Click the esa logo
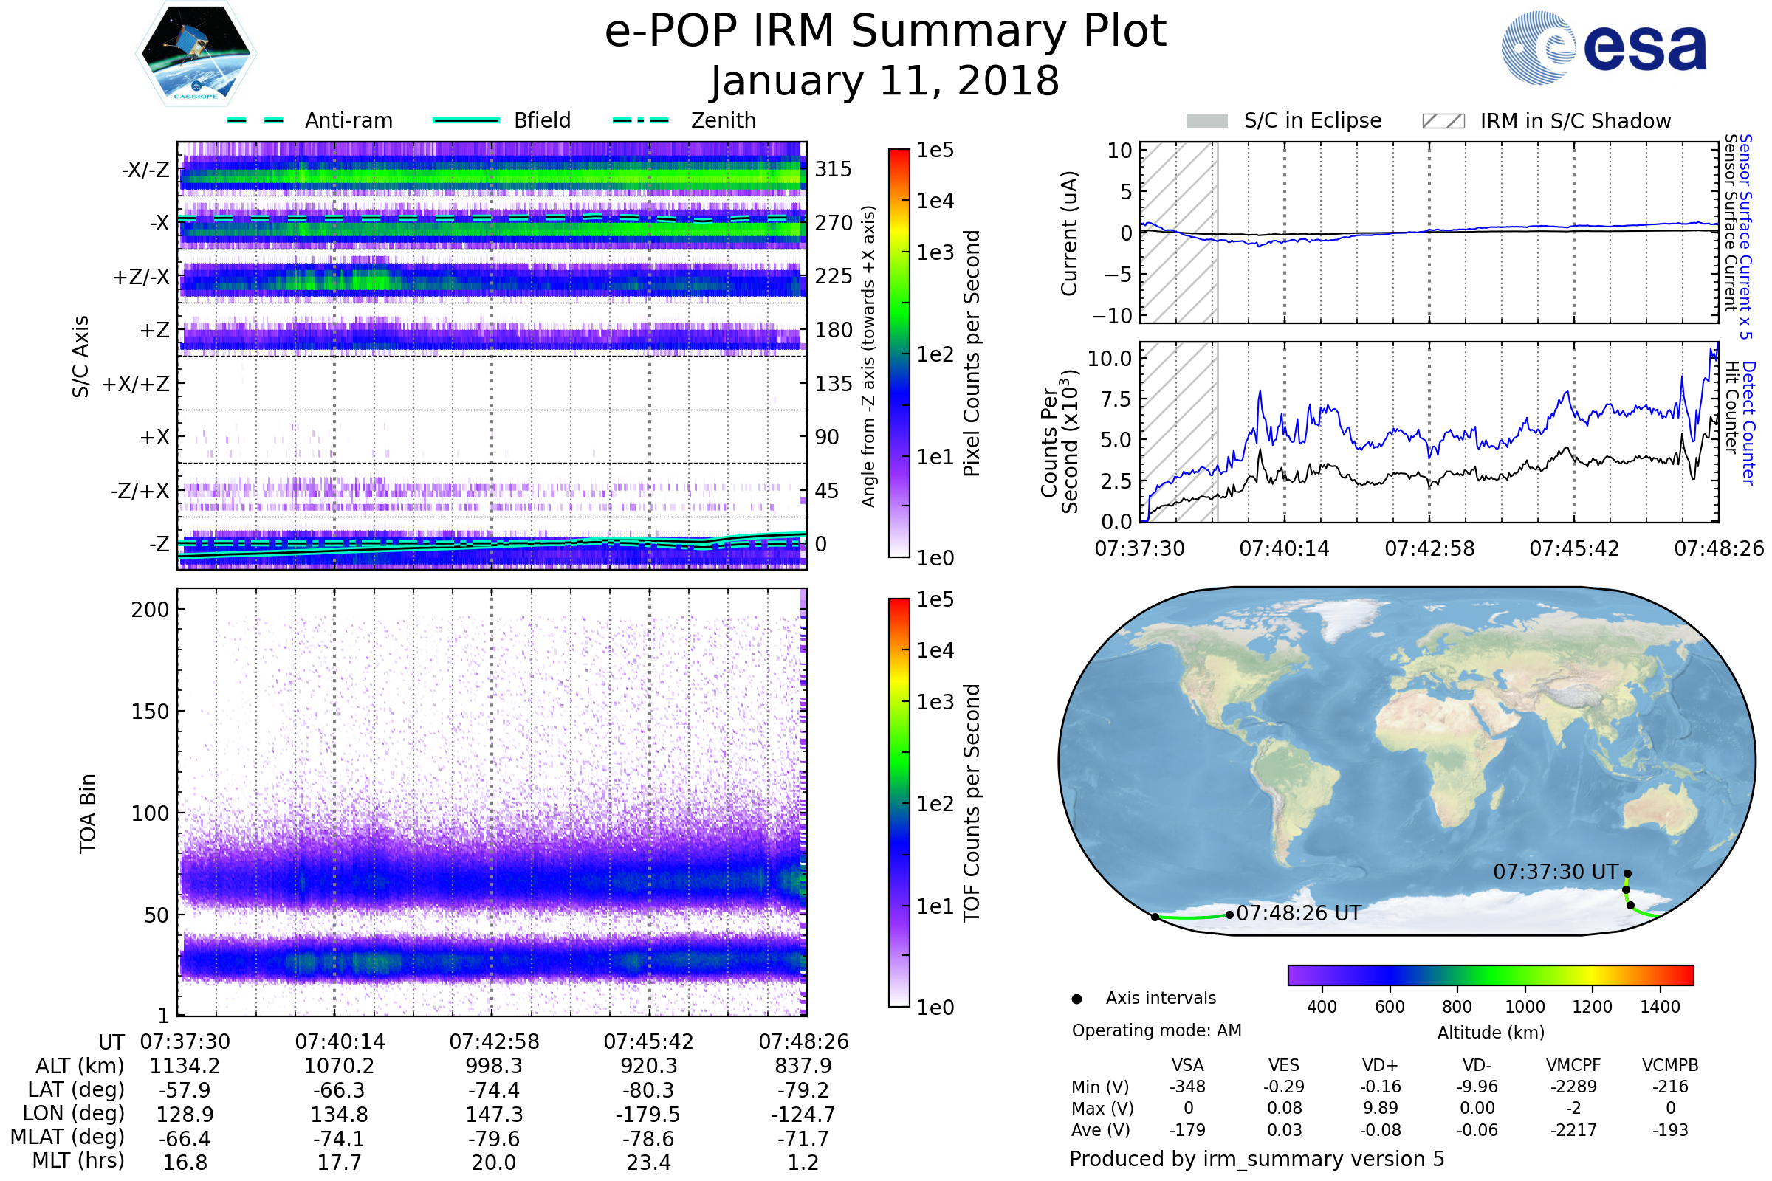tap(1604, 47)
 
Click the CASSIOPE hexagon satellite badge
tap(196, 53)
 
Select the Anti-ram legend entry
tap(309, 120)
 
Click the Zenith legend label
tap(724, 120)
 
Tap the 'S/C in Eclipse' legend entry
tap(1284, 121)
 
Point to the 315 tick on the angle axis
tap(834, 169)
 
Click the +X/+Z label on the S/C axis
tap(136, 384)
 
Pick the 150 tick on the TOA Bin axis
tap(150, 712)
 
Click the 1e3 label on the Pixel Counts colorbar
tap(935, 252)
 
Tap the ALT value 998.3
tap(494, 1066)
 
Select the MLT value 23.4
tap(649, 1162)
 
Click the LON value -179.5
tap(649, 1114)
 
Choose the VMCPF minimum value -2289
tap(1574, 1087)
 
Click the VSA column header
tap(1188, 1066)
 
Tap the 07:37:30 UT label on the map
tap(1556, 872)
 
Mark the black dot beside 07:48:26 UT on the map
tap(1229, 915)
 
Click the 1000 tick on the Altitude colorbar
tap(1525, 1007)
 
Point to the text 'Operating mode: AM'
tap(1156, 1030)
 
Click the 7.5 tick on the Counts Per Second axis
tap(1116, 399)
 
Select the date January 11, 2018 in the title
tap(885, 80)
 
